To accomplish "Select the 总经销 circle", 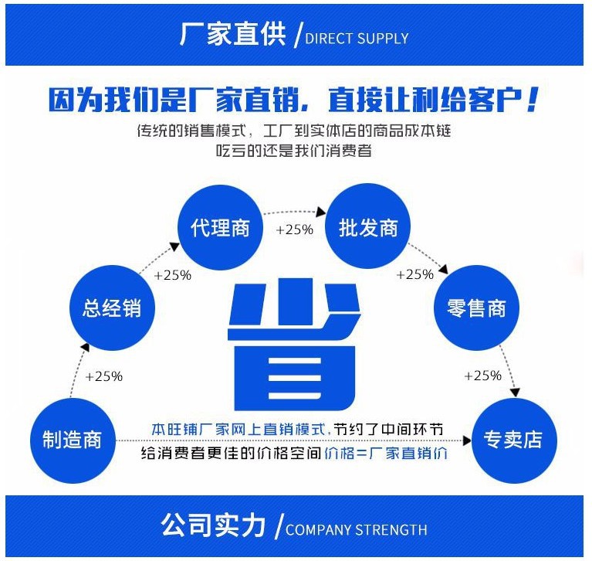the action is pos(112,308).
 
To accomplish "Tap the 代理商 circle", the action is pos(220,228).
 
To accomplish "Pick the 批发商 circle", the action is pos(368,228).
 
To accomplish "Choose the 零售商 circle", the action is pos(476,308).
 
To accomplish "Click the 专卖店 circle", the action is pos(513,440).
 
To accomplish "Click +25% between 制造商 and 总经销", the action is pos(103,377).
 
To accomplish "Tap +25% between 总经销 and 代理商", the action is pos(173,275).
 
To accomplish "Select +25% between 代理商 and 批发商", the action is pos(294,229).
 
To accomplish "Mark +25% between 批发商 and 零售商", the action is pos(414,274).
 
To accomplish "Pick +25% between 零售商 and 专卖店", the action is pos(482,376).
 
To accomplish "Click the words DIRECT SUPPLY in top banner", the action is pos(357,38).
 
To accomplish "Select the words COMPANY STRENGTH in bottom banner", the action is pos(356,530).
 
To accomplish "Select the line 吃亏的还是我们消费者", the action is pos(294,151).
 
